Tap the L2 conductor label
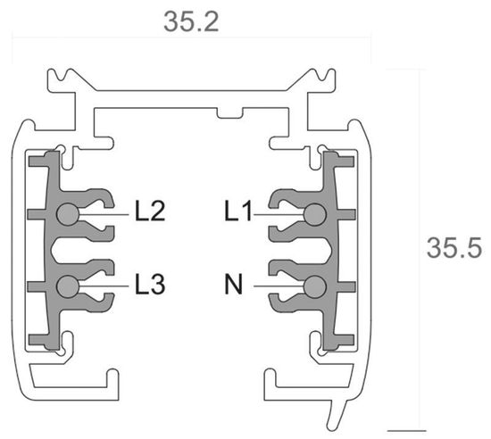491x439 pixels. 150,212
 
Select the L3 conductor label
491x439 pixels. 150,286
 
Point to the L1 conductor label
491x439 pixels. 238,212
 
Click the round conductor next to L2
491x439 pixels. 67,214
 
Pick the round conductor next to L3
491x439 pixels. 67,286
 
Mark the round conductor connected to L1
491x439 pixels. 314,214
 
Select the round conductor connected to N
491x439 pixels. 314,286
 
